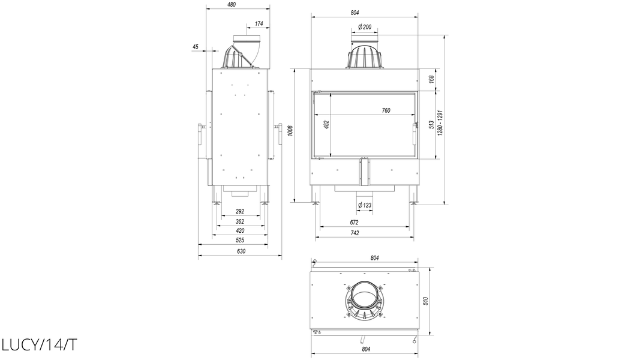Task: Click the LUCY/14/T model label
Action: pos(39,345)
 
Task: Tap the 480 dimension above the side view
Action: pos(232,5)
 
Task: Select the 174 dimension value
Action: pos(259,23)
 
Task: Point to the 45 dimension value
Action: pos(195,47)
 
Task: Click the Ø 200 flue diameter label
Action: pos(365,27)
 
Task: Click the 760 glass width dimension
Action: pos(386,110)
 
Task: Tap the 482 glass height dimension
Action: pos(326,124)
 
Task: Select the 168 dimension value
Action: pos(431,79)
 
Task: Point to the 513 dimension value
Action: pos(431,125)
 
